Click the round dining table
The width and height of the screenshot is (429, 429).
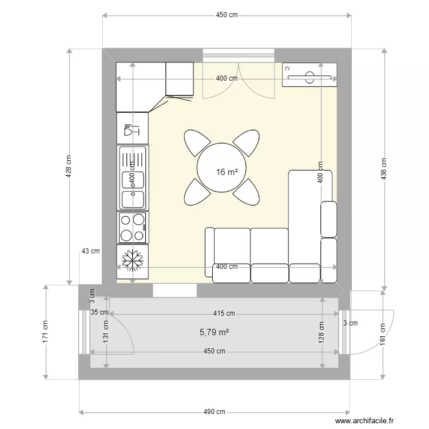coord(221,168)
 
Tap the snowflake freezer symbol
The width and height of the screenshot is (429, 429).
coord(133,260)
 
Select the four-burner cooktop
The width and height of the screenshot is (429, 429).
coord(133,227)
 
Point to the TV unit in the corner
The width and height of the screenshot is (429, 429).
coord(309,75)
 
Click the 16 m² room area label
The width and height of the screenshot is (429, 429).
coord(227,172)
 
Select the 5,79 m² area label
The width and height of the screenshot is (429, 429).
coord(214,332)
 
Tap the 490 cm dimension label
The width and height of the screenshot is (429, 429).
coord(214,411)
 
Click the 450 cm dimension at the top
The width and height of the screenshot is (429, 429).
coord(227,15)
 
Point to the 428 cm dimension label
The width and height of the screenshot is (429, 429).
coord(69,166)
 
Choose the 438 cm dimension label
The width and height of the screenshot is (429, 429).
coord(384,169)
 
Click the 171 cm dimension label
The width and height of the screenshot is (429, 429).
coord(45,331)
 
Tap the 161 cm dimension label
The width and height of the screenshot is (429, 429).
coord(383,335)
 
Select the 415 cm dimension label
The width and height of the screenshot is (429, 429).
coord(224,313)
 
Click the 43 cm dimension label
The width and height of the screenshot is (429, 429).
coord(90,251)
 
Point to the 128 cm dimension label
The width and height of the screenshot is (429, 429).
coord(321,332)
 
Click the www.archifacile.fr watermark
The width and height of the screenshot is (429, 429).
coord(364,420)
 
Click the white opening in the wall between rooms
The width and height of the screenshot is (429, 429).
coord(175,290)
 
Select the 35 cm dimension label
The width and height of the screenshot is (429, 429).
coord(100,312)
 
